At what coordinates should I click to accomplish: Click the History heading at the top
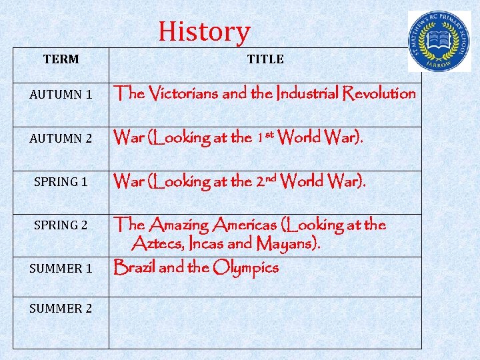[x=204, y=31]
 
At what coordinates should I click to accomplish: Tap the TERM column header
[x=61, y=59]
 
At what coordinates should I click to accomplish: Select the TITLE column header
[x=265, y=59]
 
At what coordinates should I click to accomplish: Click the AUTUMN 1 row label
[x=61, y=95]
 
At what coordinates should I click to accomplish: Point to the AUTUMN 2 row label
[x=61, y=139]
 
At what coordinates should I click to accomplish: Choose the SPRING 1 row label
[x=61, y=181]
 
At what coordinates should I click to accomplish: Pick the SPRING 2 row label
[x=61, y=225]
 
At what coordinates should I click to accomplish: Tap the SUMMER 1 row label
[x=61, y=269]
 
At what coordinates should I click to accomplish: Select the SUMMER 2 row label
[x=61, y=308]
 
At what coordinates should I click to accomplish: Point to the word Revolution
[x=379, y=93]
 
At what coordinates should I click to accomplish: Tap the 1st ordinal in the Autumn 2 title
[x=265, y=137]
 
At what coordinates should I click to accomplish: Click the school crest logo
[x=439, y=41]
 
